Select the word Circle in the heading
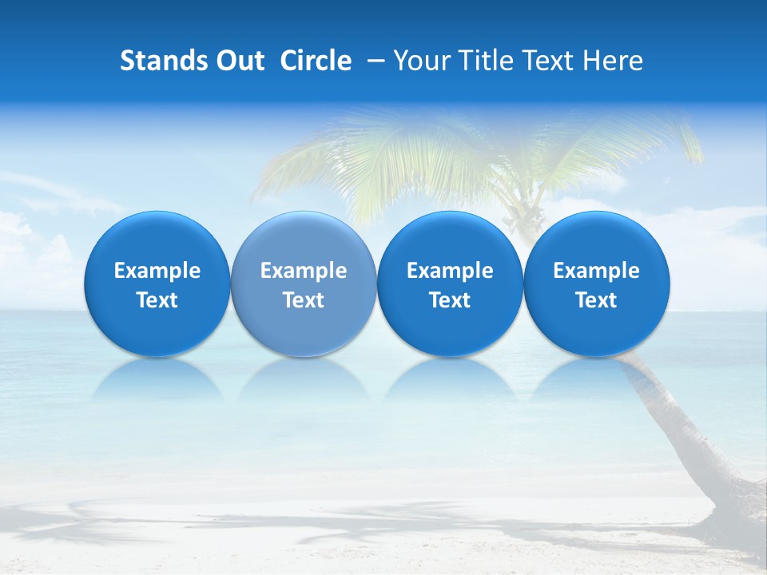(316, 61)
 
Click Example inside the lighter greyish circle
(304, 271)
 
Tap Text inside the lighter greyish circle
(304, 300)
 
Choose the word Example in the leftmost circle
(157, 271)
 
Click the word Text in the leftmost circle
(157, 300)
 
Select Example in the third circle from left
(450, 271)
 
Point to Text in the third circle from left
(450, 300)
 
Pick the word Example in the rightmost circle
(596, 271)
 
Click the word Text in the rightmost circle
(596, 300)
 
